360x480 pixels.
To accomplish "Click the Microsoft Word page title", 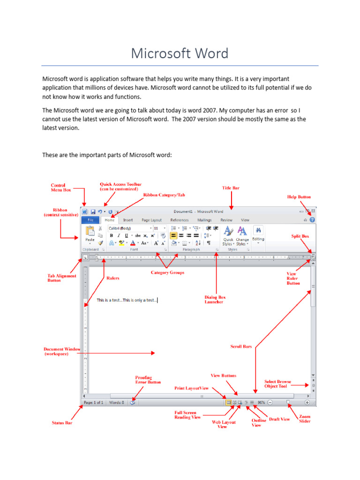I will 180,53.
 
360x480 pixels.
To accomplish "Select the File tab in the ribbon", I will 90,220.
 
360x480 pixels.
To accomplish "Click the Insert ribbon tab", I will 128,220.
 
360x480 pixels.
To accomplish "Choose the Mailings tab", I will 204,220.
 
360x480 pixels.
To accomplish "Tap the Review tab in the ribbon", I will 226,220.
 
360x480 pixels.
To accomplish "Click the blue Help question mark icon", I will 312,219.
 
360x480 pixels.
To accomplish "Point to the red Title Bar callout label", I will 230,188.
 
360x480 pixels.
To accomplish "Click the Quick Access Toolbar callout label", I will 120,187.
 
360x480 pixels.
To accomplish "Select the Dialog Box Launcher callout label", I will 214,299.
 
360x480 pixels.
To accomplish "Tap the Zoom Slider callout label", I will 304,419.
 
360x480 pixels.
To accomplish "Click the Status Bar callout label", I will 61,423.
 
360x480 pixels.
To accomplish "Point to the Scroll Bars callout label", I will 241,346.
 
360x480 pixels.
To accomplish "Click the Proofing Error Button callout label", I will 148,379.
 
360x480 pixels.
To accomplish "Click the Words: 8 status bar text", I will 116,402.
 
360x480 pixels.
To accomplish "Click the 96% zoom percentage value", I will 262,402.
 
